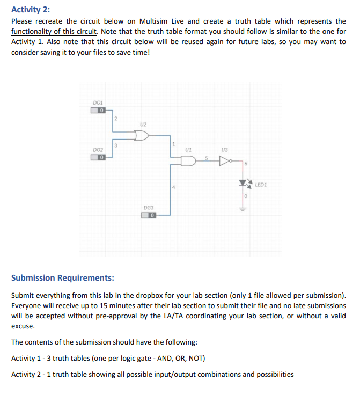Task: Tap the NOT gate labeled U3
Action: pyautogui.click(x=223, y=160)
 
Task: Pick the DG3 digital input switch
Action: pyautogui.click(x=149, y=215)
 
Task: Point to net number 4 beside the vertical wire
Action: pyautogui.click(x=174, y=187)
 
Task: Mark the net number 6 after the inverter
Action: pyautogui.click(x=246, y=164)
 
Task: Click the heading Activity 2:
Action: pyautogui.click(x=31, y=9)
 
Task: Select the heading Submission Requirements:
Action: pyautogui.click(x=62, y=277)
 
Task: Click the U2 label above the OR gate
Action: pyautogui.click(x=142, y=123)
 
